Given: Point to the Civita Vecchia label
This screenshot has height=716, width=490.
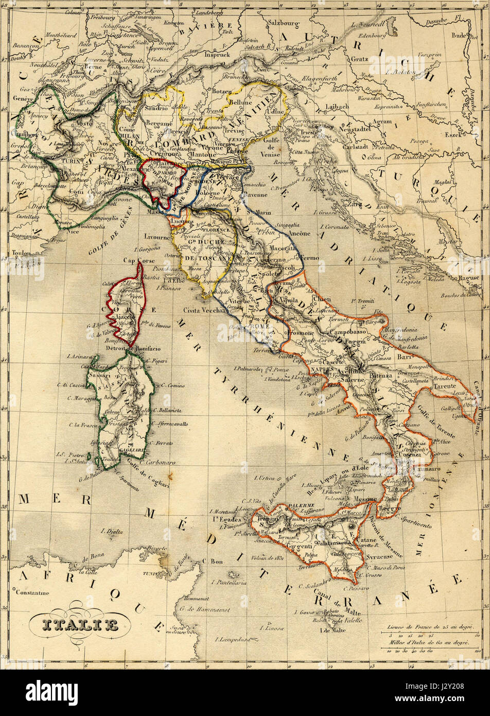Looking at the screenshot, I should [204, 311].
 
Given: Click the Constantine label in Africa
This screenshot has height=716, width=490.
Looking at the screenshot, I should [32, 592].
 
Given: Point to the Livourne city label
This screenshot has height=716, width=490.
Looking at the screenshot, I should [157, 237].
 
